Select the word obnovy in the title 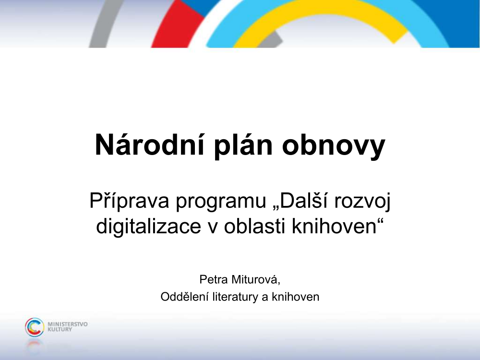coord(334,146)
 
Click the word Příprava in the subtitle coord(129,202)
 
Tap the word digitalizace coord(148,227)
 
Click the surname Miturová coord(256,280)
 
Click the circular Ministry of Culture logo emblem coord(34,327)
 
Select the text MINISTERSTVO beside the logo coord(68,324)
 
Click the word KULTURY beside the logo coord(60,329)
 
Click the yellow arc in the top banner coord(322,12)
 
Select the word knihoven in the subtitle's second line coord(334,226)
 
